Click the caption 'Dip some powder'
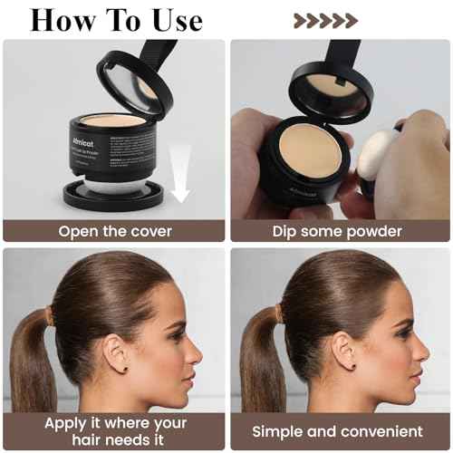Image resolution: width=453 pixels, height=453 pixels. [x=337, y=231]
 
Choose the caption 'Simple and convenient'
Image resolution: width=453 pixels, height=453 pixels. [x=337, y=431]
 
